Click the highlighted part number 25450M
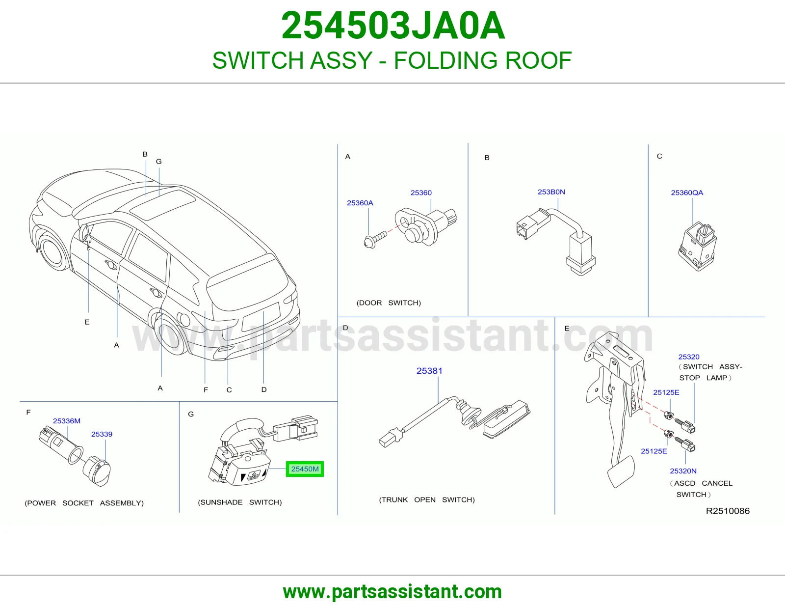[305, 469]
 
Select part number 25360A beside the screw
[360, 203]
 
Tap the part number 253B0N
[551, 192]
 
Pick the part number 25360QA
[687, 193]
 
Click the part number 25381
[429, 371]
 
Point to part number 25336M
[66, 421]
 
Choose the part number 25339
[102, 434]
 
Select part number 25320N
[683, 471]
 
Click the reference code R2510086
[728, 511]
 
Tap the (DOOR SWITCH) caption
[389, 303]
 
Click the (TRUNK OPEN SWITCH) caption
[427, 500]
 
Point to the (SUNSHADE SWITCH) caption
[240, 502]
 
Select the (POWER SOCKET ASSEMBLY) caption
[84, 503]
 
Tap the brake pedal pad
[621, 471]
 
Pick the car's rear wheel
[171, 334]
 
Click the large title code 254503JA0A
[392, 26]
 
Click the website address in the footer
[392, 592]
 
